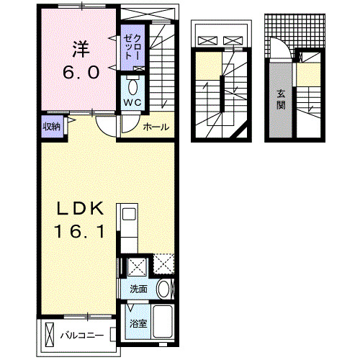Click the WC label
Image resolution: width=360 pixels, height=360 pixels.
(x=132, y=103)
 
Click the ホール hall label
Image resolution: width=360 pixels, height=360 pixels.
(x=156, y=127)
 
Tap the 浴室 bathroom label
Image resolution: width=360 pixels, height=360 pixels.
(x=138, y=323)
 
